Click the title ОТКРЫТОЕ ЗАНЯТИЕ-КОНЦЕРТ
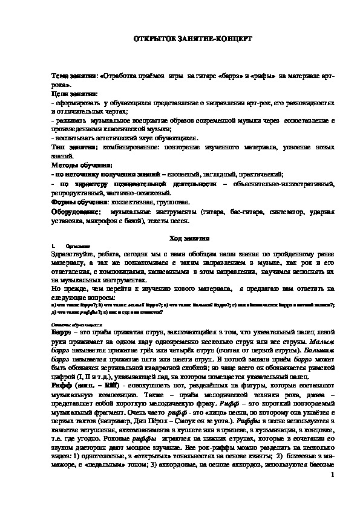[x=180, y=37]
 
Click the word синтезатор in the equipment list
[x=261, y=212]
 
